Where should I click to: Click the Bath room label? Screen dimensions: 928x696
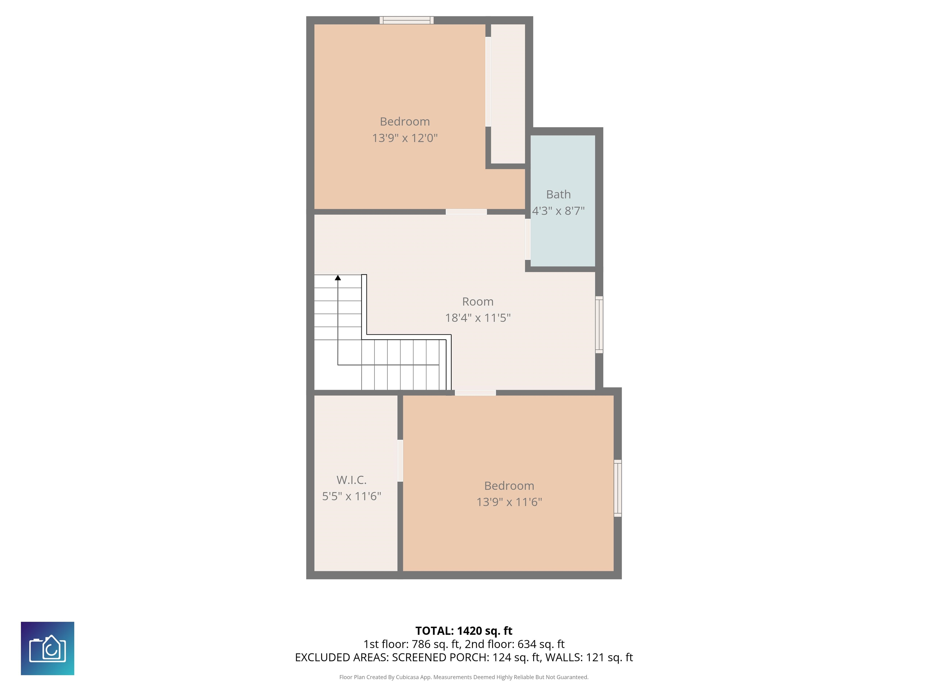(558, 194)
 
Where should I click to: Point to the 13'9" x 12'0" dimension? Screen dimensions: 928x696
(405, 138)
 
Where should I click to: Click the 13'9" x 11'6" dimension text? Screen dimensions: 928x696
(509, 502)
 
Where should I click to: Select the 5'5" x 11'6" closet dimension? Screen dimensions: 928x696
(352, 496)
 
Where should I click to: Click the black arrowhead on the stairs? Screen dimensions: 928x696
(338, 278)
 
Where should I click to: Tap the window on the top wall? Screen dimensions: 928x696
(407, 20)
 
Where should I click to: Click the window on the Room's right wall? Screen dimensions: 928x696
(599, 325)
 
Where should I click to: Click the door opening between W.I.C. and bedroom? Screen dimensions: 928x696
(400, 461)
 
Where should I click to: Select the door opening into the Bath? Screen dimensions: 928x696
(528, 239)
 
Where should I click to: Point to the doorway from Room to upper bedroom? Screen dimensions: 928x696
(466, 212)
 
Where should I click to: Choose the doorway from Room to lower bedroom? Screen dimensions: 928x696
(475, 393)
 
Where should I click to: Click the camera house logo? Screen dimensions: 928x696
(47, 648)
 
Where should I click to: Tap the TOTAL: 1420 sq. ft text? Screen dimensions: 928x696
(464, 630)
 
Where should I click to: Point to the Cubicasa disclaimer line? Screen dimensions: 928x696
(464, 677)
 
